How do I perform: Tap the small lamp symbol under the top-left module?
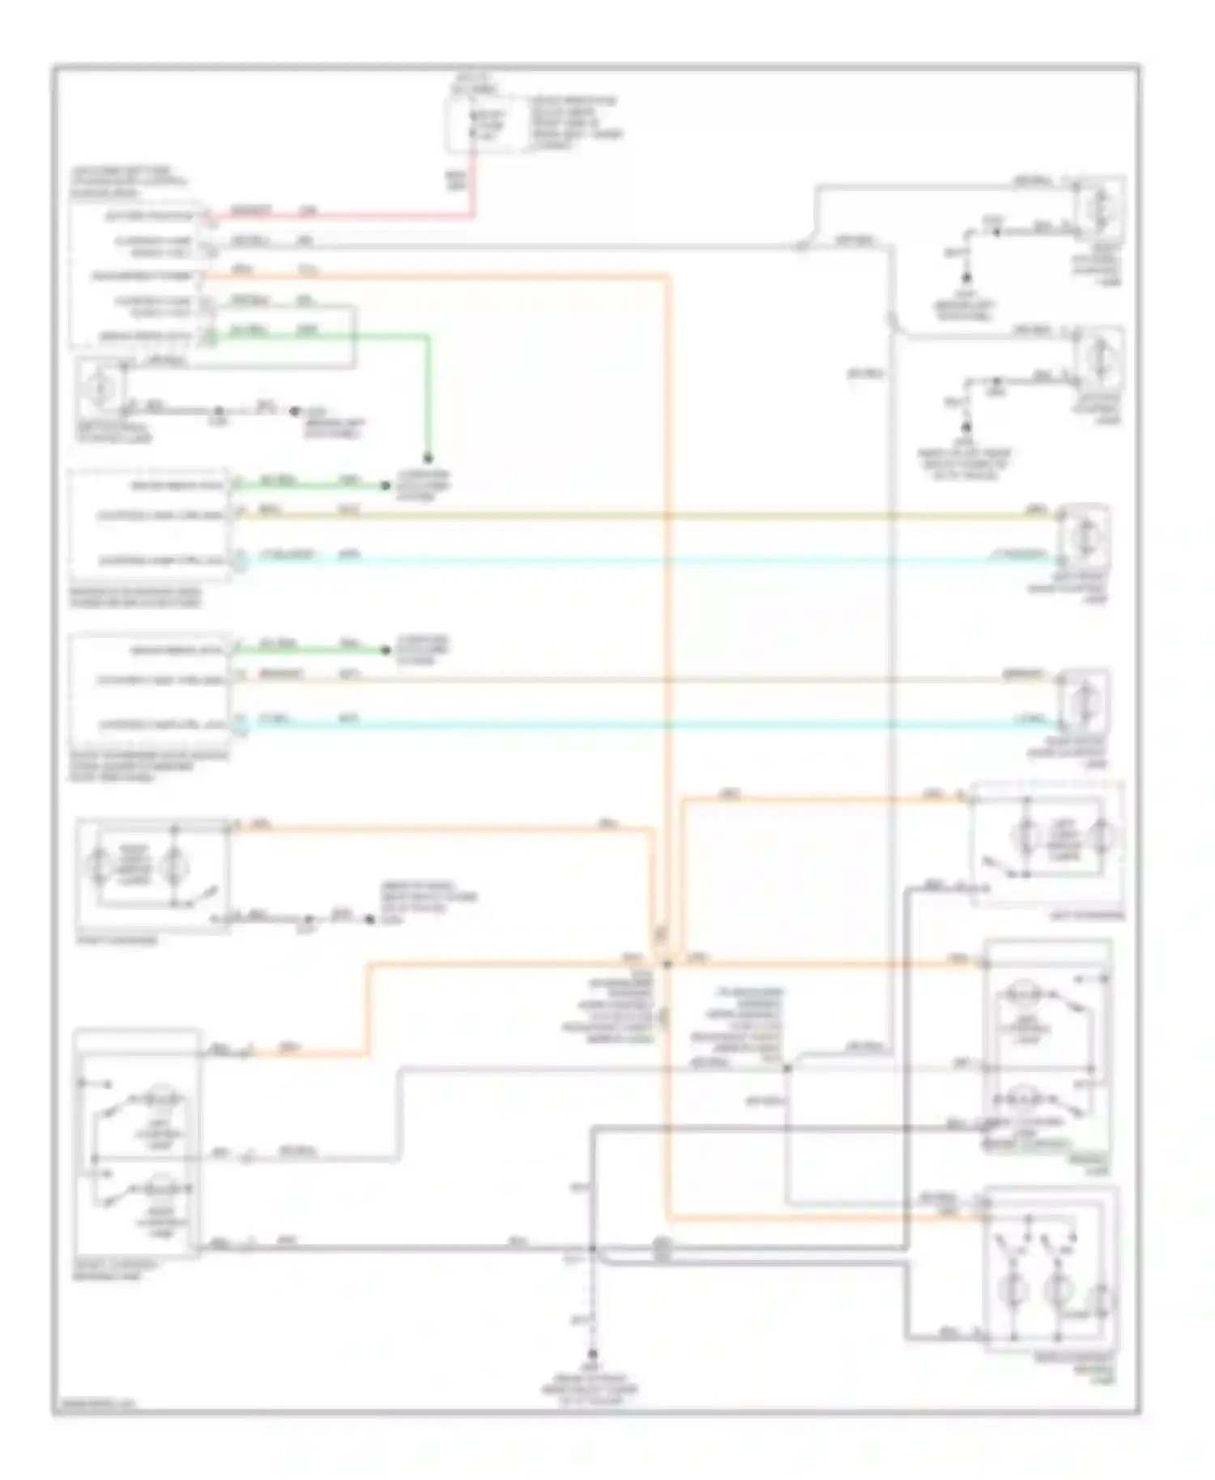click(100, 389)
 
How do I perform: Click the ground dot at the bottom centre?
click(593, 1355)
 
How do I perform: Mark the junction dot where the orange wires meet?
click(667, 964)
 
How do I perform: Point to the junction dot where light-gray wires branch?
click(787, 1069)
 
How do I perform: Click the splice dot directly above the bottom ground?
click(593, 1249)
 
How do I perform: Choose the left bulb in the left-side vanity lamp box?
click(102, 867)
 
